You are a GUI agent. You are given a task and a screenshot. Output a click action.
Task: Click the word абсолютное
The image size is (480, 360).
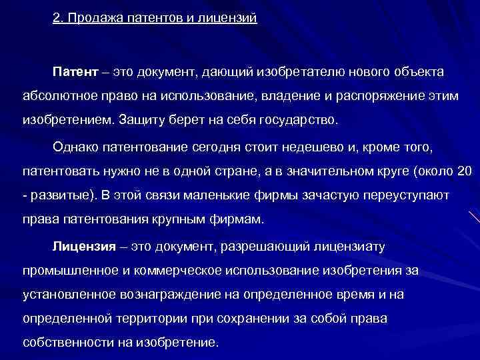click(x=55, y=96)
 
